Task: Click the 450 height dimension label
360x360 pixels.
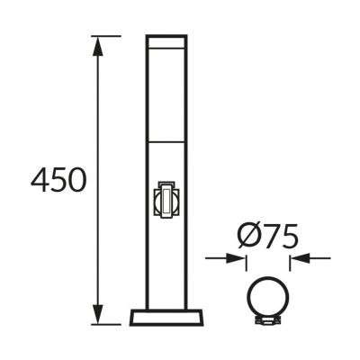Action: (x=58, y=180)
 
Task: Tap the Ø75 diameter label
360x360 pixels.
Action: (x=268, y=236)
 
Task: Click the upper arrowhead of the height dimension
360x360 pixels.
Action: (x=98, y=47)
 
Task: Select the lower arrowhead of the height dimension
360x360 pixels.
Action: (x=98, y=314)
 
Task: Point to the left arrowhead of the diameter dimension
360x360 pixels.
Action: (x=235, y=258)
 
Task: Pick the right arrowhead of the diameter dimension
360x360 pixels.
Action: (x=300, y=258)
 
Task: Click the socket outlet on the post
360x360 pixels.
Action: (x=165, y=200)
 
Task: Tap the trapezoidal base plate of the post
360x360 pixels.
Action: (x=166, y=318)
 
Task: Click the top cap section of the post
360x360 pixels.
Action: (x=166, y=41)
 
